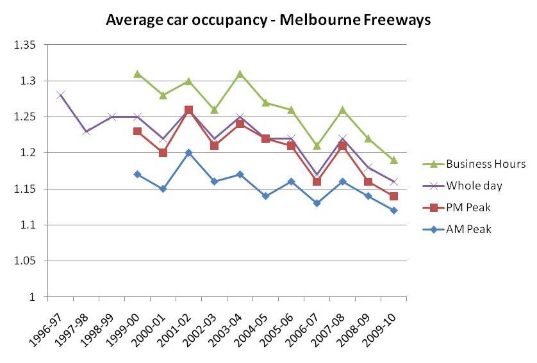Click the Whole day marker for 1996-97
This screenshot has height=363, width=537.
(60, 95)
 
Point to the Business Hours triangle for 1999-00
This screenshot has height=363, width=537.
(137, 74)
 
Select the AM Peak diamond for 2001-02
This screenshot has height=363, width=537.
(188, 153)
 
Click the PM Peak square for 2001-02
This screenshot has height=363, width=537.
(188, 110)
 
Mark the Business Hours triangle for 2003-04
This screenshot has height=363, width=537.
(240, 74)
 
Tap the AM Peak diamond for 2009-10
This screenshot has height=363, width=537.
(393, 211)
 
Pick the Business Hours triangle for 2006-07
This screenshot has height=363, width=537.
(317, 146)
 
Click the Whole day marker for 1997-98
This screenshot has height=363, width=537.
(86, 131)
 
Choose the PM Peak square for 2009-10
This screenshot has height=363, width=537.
(393, 197)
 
